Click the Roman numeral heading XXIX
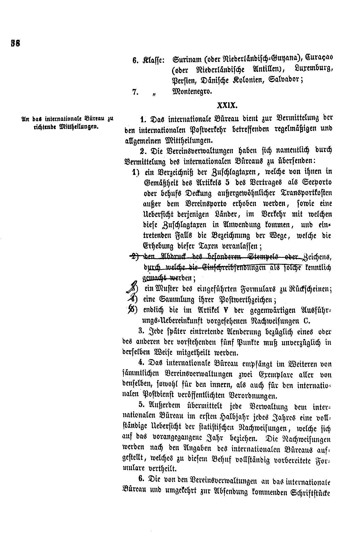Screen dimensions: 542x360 point(227,105)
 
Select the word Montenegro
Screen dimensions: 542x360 point(192,92)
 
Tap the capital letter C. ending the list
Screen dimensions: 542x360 point(306,321)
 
